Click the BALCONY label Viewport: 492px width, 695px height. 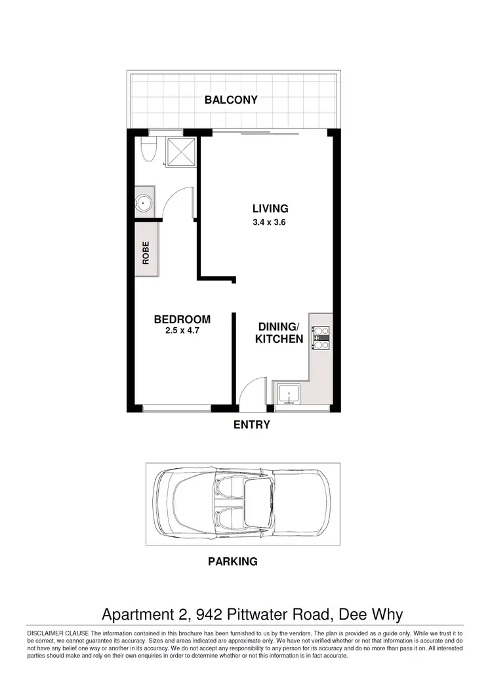click(x=231, y=100)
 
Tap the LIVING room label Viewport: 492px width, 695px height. click(x=270, y=208)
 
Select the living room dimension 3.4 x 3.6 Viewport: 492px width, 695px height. click(x=270, y=222)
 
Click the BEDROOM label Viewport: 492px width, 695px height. click(x=182, y=319)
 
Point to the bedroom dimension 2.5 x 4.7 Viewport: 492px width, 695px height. click(x=182, y=331)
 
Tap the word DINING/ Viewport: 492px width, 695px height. click(x=279, y=327)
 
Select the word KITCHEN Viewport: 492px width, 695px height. click(x=279, y=339)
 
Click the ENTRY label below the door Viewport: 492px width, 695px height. click(x=252, y=425)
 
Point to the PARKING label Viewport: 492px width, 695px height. click(x=232, y=561)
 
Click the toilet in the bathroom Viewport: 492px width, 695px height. click(x=149, y=149)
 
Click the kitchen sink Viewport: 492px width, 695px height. click(x=288, y=395)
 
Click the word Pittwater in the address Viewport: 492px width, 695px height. click(x=258, y=614)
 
